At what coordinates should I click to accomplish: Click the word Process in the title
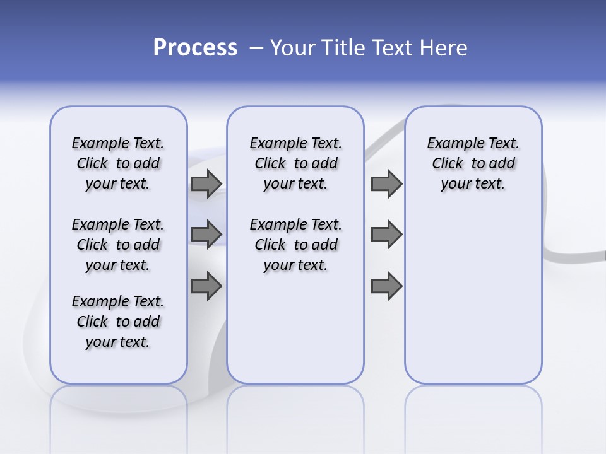195,48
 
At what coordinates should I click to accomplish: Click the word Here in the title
444,48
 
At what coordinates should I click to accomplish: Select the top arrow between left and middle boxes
206,184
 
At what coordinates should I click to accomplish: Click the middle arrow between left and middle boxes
206,235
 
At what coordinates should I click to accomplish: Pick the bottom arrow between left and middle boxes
206,286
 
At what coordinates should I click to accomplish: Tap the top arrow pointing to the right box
386,184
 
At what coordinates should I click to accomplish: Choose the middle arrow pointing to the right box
386,235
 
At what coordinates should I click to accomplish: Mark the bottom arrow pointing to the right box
386,286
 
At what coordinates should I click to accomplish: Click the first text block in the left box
118,163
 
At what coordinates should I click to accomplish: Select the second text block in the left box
118,245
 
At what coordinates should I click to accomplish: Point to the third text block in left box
118,322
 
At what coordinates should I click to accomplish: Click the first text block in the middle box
296,163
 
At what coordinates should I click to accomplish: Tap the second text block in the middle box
296,245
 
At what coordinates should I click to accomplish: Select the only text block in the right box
473,163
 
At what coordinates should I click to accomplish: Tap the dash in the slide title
256,48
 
